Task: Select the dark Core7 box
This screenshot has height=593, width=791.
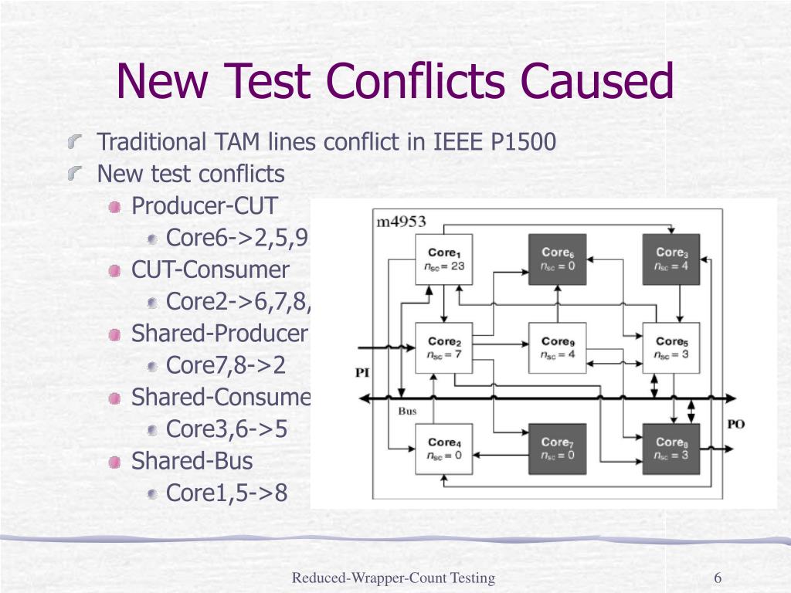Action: (x=557, y=449)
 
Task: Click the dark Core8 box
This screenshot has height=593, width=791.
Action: (x=671, y=449)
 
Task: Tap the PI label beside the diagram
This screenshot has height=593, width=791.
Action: (x=362, y=372)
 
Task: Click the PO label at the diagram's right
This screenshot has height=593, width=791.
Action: (x=735, y=425)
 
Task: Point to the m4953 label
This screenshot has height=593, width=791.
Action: (x=401, y=222)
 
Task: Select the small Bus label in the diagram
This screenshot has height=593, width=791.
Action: (x=407, y=411)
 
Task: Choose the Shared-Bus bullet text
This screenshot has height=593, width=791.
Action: (x=192, y=461)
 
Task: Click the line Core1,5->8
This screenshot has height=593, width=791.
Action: (x=227, y=492)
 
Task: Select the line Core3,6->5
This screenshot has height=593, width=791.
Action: (x=227, y=429)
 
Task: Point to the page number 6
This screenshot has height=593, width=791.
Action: (x=718, y=578)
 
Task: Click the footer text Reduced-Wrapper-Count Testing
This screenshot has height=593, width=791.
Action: (x=393, y=578)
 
